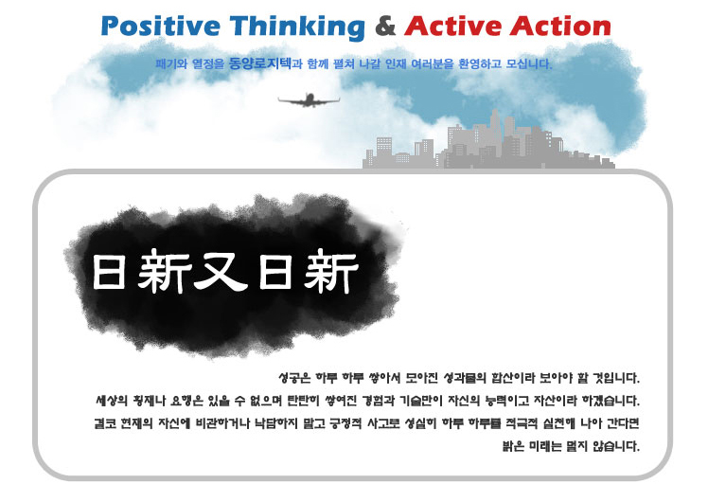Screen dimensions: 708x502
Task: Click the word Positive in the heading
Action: [x=160, y=26]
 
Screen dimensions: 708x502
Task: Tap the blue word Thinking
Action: [x=297, y=27]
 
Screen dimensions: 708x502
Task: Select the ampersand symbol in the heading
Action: [x=385, y=26]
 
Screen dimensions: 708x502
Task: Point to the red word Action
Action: [x=560, y=26]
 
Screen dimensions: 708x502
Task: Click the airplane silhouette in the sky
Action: [x=309, y=100]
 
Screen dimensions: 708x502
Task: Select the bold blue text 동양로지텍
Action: [x=260, y=63]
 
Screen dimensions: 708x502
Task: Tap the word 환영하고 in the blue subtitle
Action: [x=480, y=63]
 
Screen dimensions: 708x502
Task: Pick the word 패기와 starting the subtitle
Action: [x=171, y=63]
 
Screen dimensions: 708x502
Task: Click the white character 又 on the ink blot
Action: [x=221, y=272]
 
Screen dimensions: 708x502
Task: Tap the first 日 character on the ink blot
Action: [x=109, y=272]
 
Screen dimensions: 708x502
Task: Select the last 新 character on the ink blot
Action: [x=331, y=271]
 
